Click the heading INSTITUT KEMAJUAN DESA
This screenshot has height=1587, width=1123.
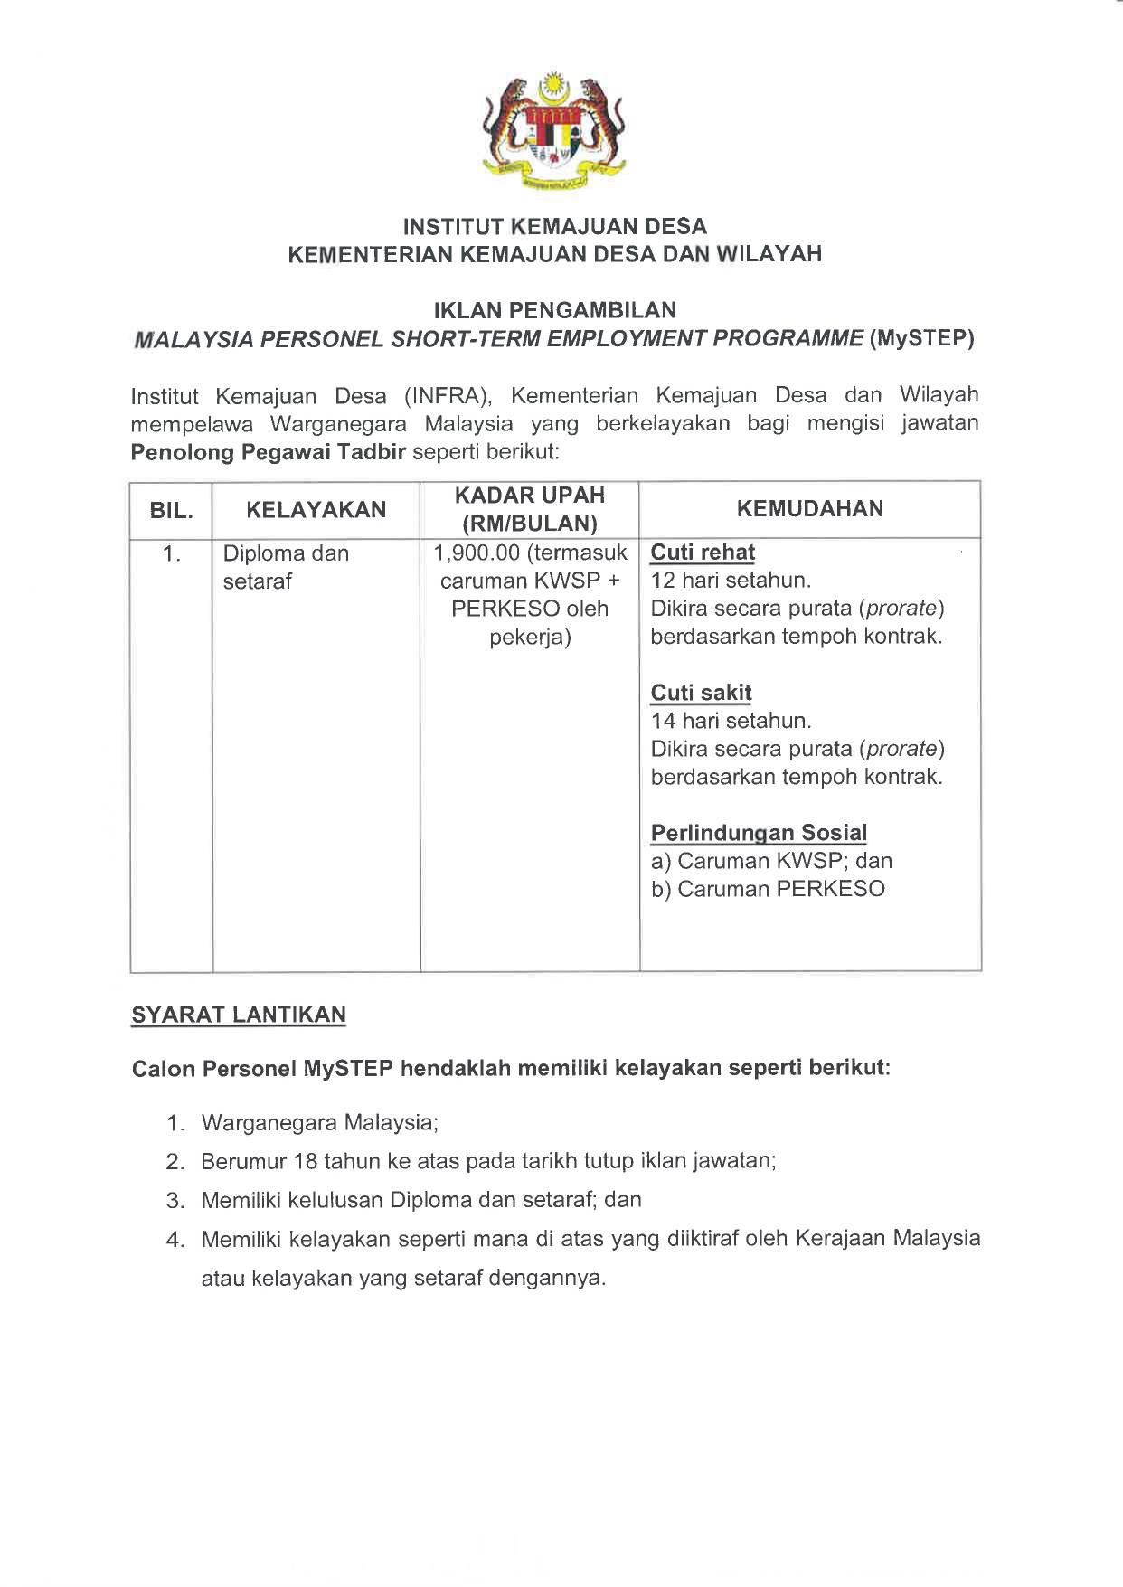point(554,226)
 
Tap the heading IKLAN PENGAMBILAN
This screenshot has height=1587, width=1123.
point(554,310)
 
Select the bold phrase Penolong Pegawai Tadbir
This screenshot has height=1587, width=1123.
point(269,452)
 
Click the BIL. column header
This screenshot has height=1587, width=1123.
point(171,510)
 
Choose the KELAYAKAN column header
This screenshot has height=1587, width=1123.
point(316,509)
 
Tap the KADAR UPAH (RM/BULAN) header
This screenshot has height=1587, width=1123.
point(529,509)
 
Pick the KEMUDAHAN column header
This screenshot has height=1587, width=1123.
point(810,508)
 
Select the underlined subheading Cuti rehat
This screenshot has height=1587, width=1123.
point(703,553)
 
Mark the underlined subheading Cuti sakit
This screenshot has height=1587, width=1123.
point(701,693)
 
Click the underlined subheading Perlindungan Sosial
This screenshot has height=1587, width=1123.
point(759,832)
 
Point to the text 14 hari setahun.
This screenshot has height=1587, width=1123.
point(731,721)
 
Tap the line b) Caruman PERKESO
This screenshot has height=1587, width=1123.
point(768,889)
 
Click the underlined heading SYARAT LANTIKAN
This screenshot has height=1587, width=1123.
point(239,1015)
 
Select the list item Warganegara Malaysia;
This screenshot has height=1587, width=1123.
point(319,1123)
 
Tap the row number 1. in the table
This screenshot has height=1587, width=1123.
point(171,553)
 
